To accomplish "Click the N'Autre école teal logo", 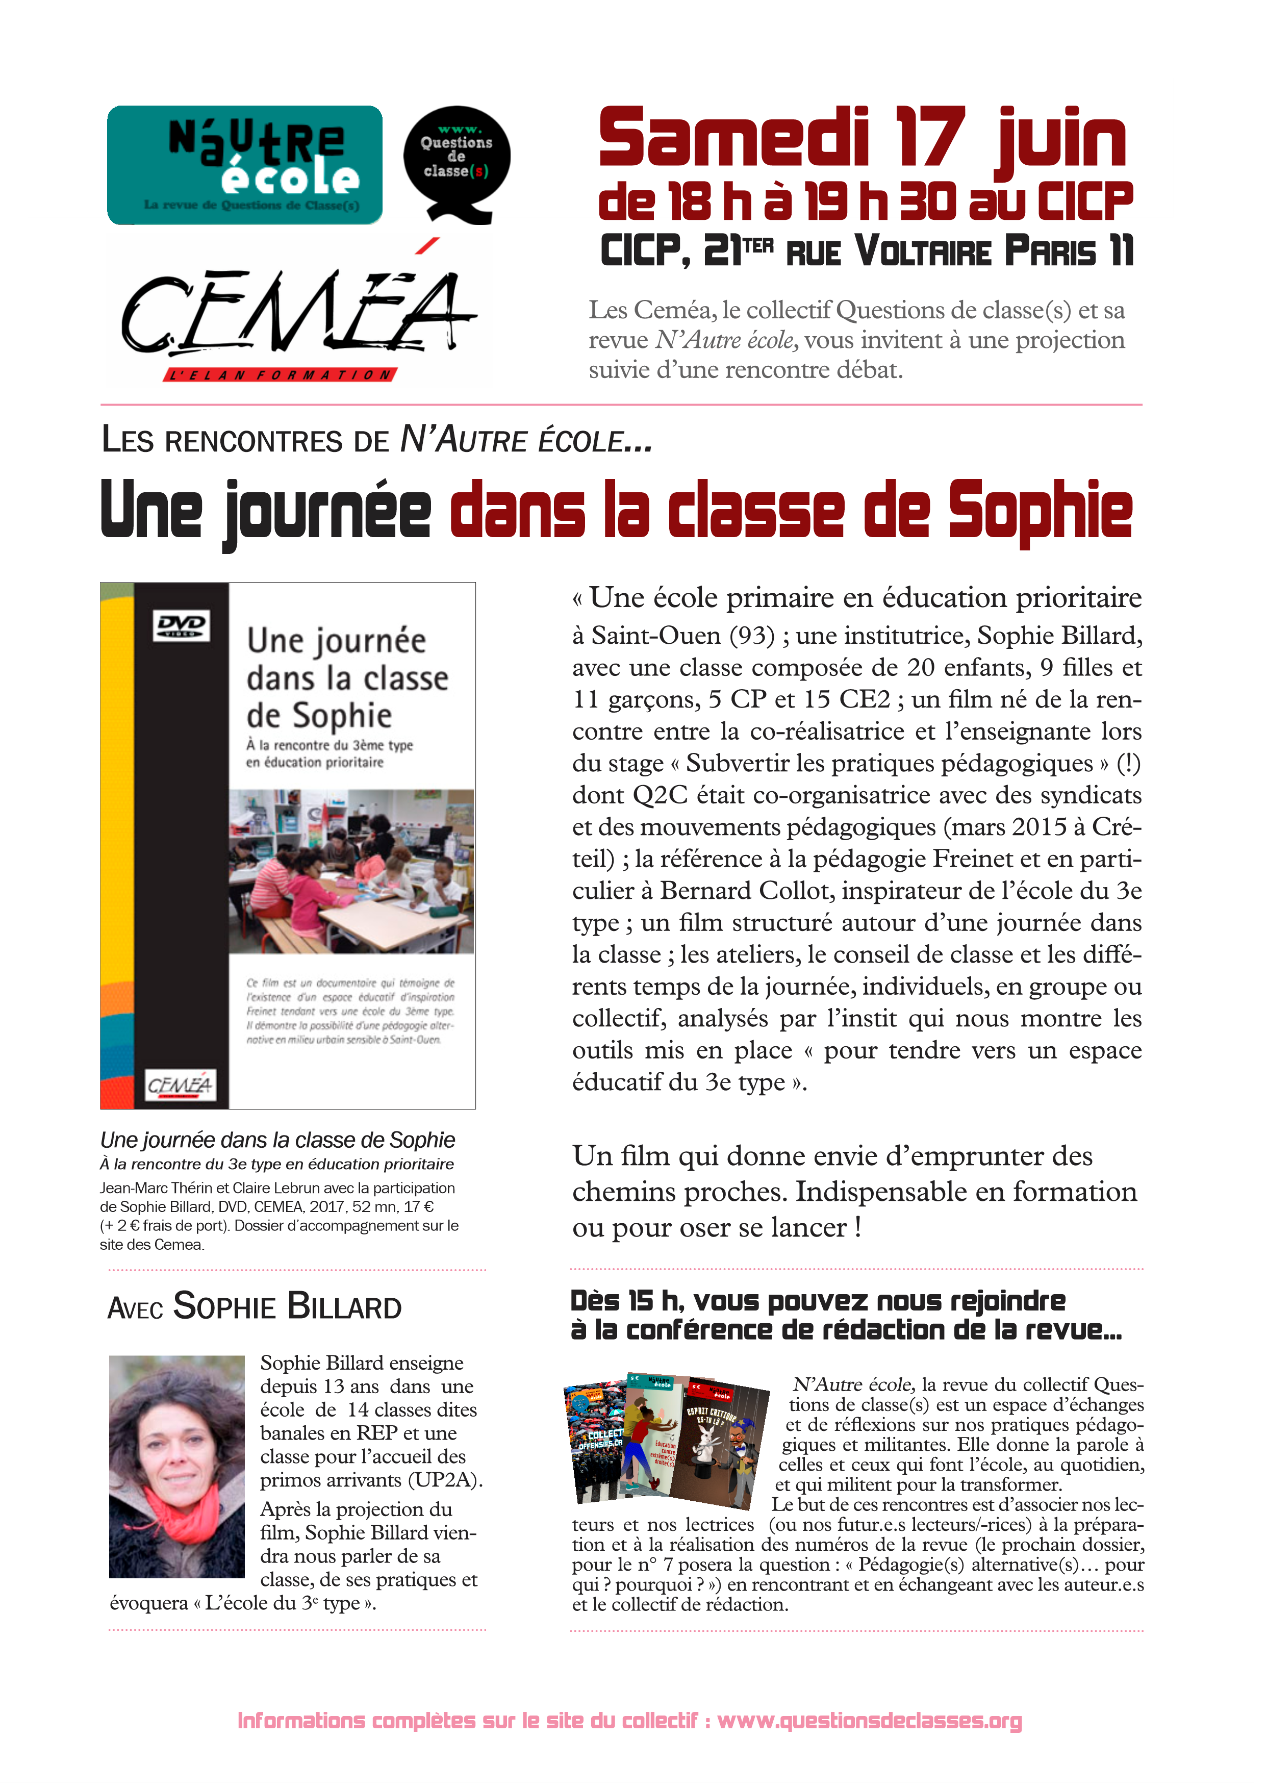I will [x=244, y=165].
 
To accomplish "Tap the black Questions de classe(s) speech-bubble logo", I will [x=457, y=160].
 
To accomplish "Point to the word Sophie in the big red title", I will [x=1040, y=511].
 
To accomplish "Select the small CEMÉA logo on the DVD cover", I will [x=180, y=1085].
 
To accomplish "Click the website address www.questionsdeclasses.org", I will [x=869, y=1721].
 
